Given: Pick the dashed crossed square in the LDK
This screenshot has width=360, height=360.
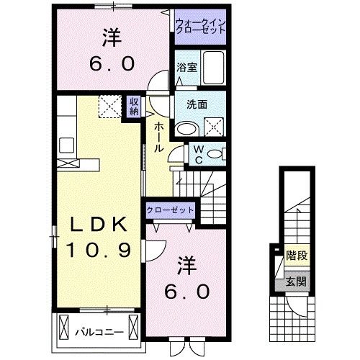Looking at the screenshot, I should click(109, 107).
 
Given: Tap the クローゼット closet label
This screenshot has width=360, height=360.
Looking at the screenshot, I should click(170, 209).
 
